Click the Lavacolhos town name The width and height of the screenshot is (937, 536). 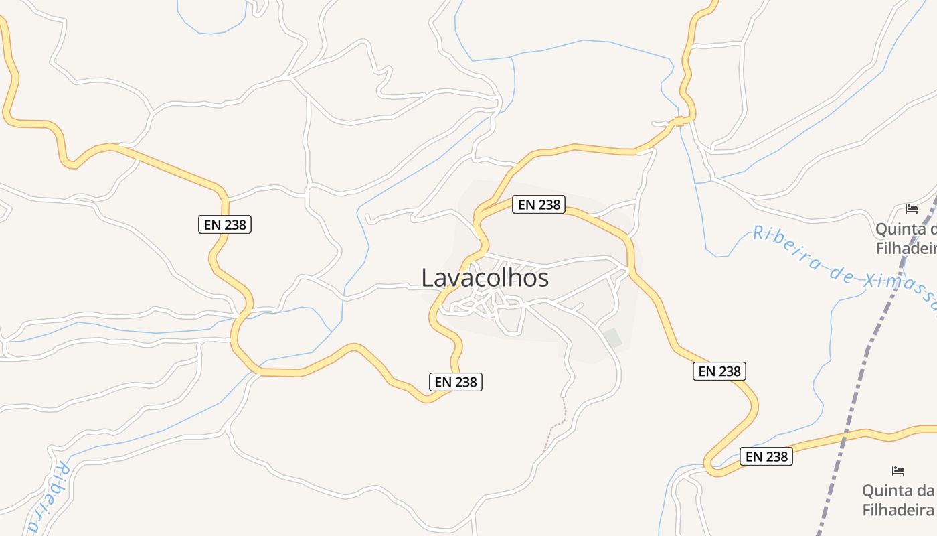(x=485, y=277)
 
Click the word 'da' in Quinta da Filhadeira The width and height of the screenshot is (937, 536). (x=925, y=490)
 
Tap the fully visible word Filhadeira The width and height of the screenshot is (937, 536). (x=898, y=509)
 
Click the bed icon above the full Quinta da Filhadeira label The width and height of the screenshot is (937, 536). (x=898, y=471)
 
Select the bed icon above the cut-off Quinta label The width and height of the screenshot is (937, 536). (x=911, y=209)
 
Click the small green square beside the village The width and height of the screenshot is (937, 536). (x=612, y=338)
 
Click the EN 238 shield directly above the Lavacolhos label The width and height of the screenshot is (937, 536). (x=539, y=204)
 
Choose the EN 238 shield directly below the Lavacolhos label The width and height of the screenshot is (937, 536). (x=455, y=382)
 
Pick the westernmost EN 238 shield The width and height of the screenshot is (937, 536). (x=224, y=224)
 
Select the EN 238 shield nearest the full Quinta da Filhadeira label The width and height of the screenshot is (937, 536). (x=766, y=456)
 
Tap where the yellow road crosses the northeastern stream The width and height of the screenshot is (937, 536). (x=680, y=121)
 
